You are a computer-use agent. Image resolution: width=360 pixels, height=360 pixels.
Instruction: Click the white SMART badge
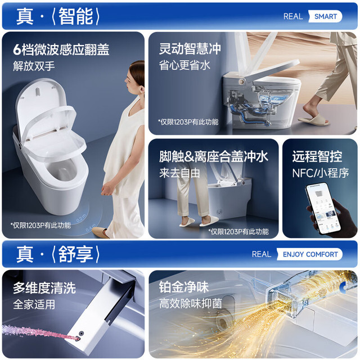coord(325,16)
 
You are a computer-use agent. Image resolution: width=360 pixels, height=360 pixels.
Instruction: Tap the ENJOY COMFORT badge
coord(310,254)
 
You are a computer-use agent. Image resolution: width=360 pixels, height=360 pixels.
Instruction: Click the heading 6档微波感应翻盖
coord(61,49)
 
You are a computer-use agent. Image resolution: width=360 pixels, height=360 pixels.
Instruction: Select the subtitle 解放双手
coord(34,66)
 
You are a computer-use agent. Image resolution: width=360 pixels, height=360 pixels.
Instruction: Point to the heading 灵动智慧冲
coord(190,49)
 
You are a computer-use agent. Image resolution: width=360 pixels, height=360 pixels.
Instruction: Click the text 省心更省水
coord(184,65)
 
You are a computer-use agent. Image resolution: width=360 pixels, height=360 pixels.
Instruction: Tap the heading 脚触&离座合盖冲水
coord(214,156)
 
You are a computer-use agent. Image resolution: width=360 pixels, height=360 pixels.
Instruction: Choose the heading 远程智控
coord(317,156)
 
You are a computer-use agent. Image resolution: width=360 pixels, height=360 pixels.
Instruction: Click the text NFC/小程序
coord(321,173)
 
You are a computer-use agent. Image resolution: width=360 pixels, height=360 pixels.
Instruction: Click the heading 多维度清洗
coord(44,287)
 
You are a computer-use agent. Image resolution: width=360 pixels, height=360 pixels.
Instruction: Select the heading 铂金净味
coord(184,287)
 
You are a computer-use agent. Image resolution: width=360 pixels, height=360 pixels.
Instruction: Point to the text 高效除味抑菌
coord(190,303)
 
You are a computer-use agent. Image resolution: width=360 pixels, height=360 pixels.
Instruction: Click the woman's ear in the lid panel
coord(142,88)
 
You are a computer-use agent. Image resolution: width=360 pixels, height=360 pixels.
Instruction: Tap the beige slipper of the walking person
coord(314,120)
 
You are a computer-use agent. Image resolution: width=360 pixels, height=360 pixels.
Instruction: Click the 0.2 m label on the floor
coord(81,218)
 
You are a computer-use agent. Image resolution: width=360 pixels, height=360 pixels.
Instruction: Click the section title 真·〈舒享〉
coord(58,254)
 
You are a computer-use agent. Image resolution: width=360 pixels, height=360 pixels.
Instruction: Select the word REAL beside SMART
coord(293,16)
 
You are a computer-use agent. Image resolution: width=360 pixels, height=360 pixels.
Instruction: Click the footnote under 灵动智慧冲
coord(188,122)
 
